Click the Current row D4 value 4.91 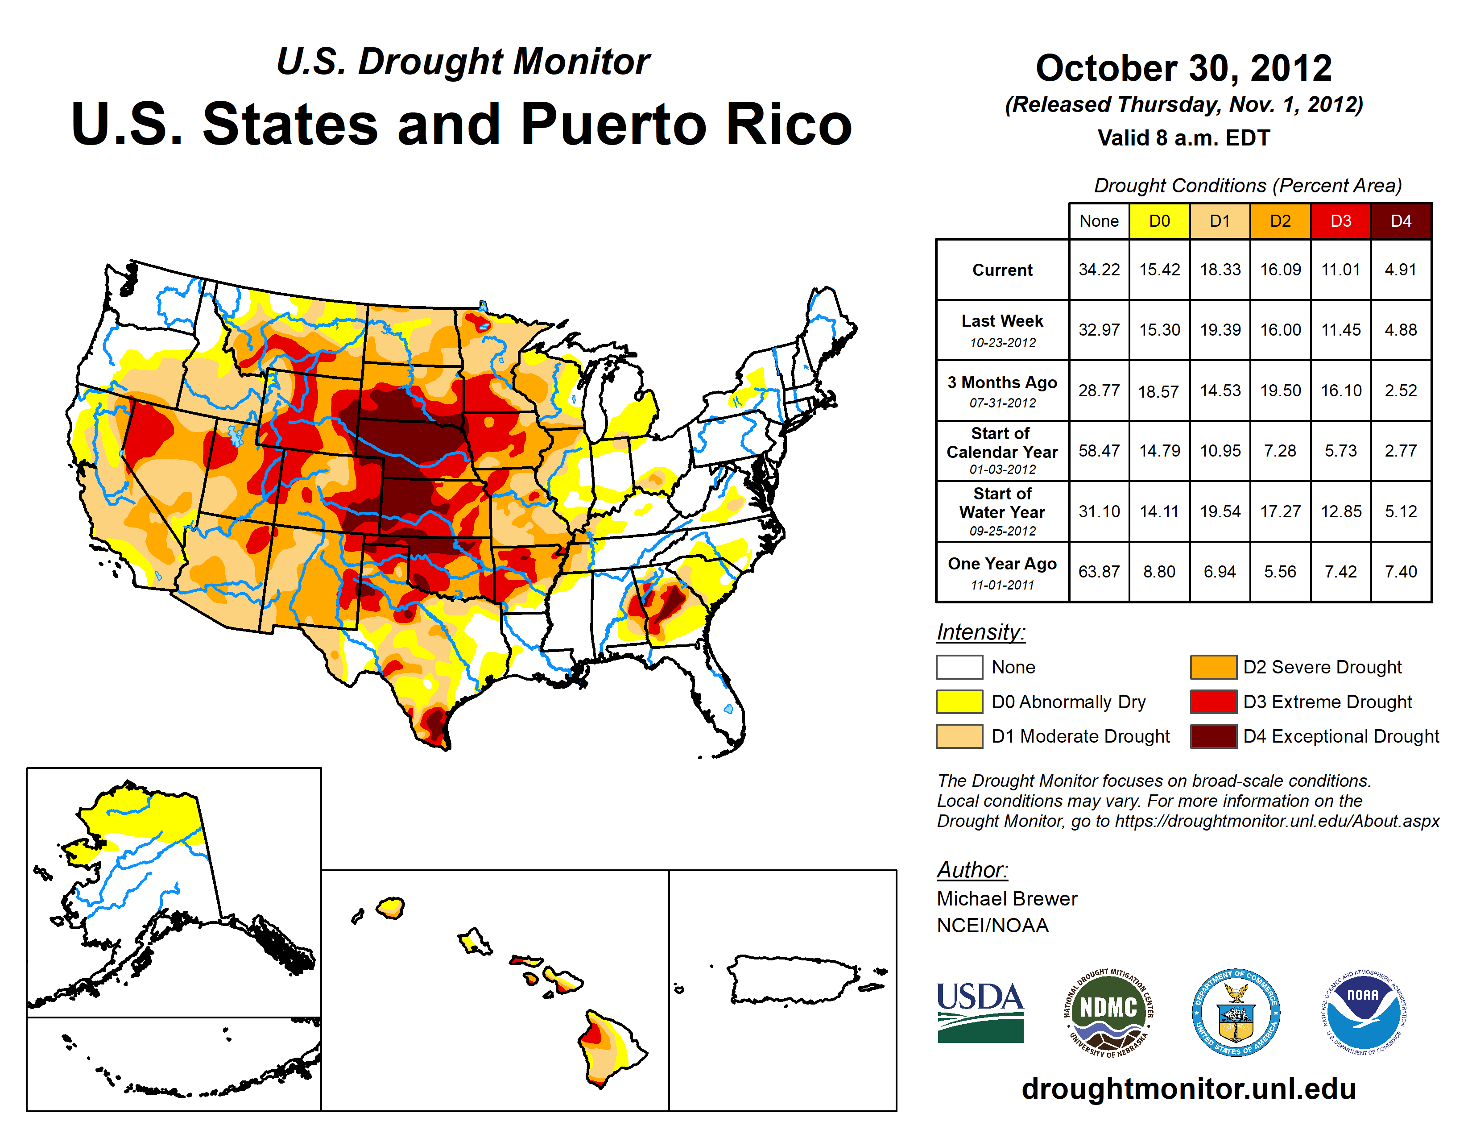1401,270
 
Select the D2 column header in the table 1280,221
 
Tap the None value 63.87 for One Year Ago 1099,572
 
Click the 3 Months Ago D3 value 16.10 1340,390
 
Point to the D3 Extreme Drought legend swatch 1213,702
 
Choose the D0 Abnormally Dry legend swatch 959,702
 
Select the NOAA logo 1363,1013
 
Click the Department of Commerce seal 1236,1013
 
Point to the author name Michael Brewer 1007,899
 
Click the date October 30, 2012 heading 1183,68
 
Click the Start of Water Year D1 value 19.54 1220,512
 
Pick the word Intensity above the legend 980,632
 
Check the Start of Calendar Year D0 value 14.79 1159,451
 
